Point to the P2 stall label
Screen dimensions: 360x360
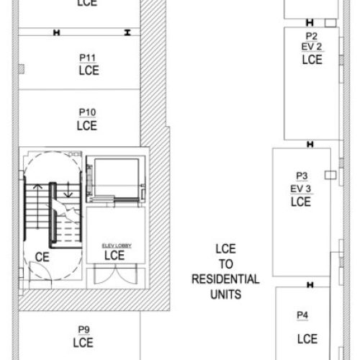click(312, 35)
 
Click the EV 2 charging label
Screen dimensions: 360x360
click(312, 47)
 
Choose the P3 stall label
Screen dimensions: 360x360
click(301, 176)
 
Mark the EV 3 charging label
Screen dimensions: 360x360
click(301, 189)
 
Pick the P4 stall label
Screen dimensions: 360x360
click(302, 315)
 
